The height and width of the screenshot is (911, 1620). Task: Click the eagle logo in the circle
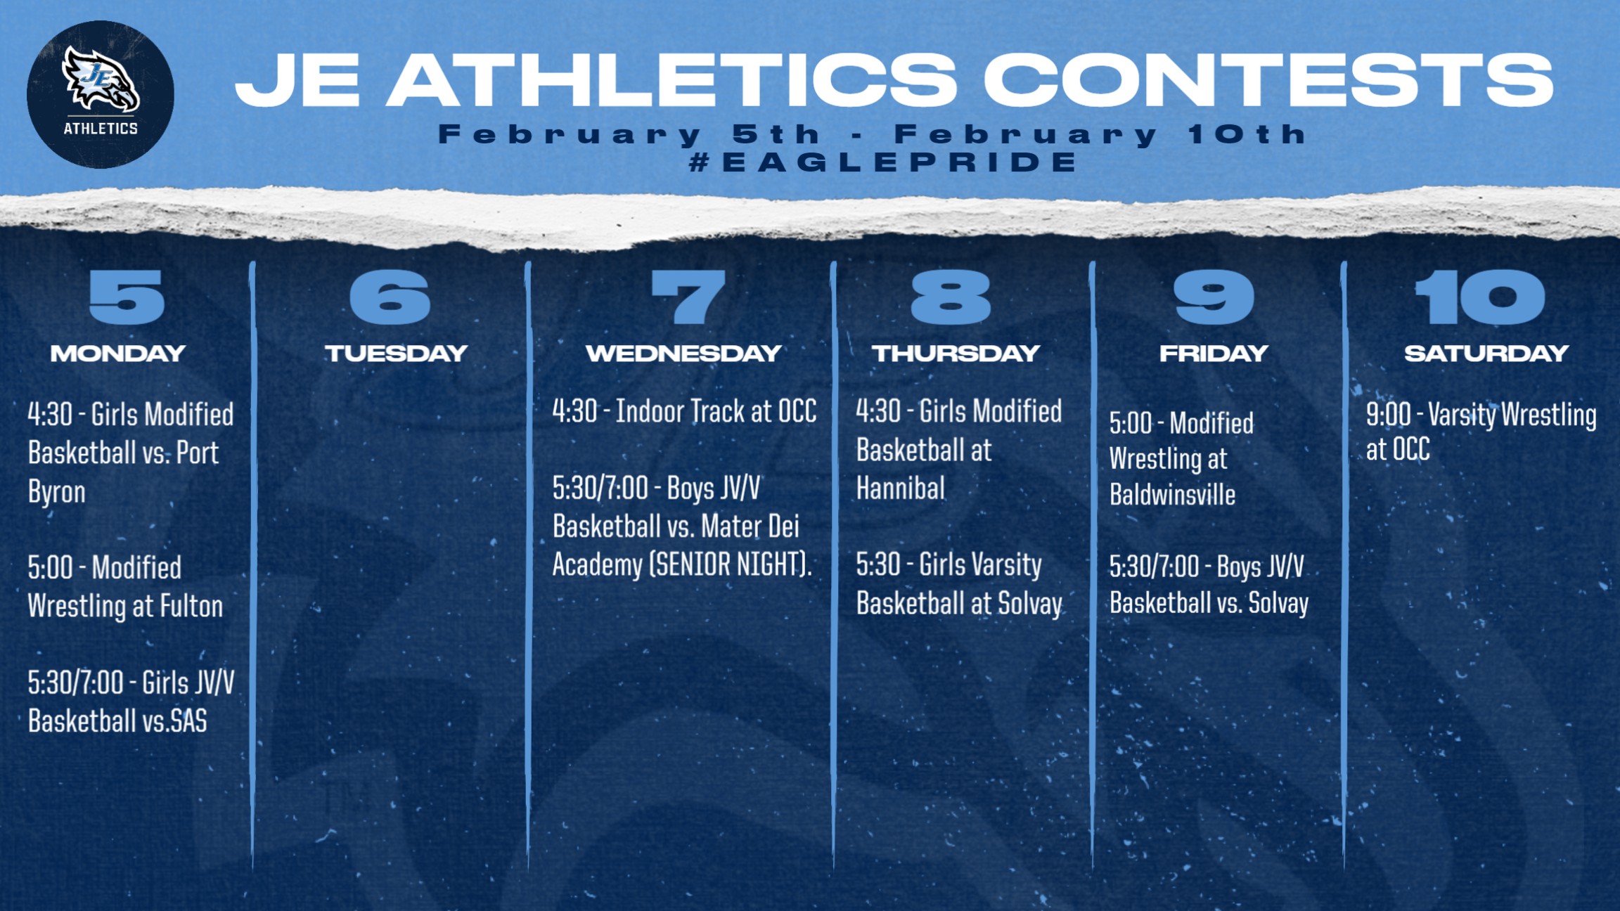tap(101, 79)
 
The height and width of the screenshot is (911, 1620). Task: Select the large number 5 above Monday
tap(127, 297)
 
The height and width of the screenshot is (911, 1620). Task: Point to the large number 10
tap(1479, 297)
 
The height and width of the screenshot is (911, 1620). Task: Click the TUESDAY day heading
tap(396, 353)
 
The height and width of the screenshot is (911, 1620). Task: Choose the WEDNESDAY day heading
tap(683, 353)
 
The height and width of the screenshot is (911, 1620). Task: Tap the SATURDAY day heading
tap(1486, 353)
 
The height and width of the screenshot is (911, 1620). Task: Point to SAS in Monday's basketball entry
tap(188, 721)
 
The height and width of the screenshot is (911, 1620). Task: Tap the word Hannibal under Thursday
tap(901, 489)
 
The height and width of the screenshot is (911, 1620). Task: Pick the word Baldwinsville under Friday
tap(1172, 495)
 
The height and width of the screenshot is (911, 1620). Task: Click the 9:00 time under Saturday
tap(1389, 415)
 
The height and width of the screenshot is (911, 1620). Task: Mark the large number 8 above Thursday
tap(951, 297)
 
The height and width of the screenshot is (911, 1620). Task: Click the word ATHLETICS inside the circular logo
tap(101, 128)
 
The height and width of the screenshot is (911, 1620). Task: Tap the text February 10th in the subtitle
tap(1100, 134)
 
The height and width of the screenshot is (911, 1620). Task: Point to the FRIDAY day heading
tap(1214, 353)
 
